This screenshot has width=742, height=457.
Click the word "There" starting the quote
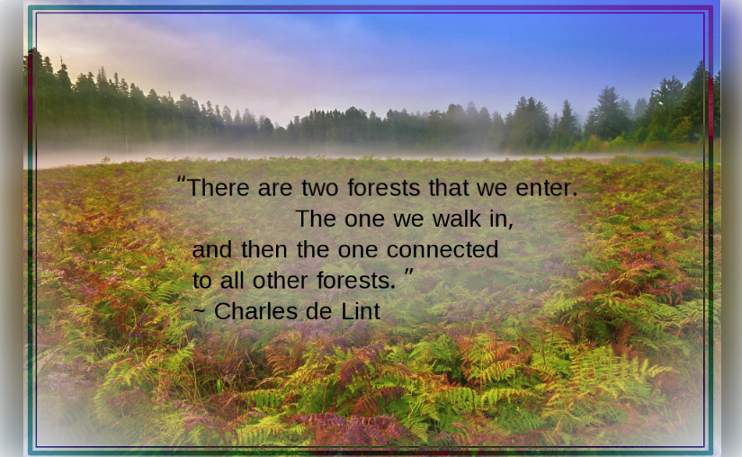[x=217, y=189]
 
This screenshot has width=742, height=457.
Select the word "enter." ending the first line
[x=546, y=189]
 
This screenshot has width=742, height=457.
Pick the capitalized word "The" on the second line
[x=315, y=219]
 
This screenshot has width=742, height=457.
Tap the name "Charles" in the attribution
[x=255, y=312]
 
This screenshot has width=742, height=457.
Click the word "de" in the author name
[x=318, y=312]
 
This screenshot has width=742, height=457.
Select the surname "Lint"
[x=360, y=312]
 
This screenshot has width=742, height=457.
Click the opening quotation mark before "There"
[x=181, y=181]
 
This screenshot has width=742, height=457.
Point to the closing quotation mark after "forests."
[x=408, y=273]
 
